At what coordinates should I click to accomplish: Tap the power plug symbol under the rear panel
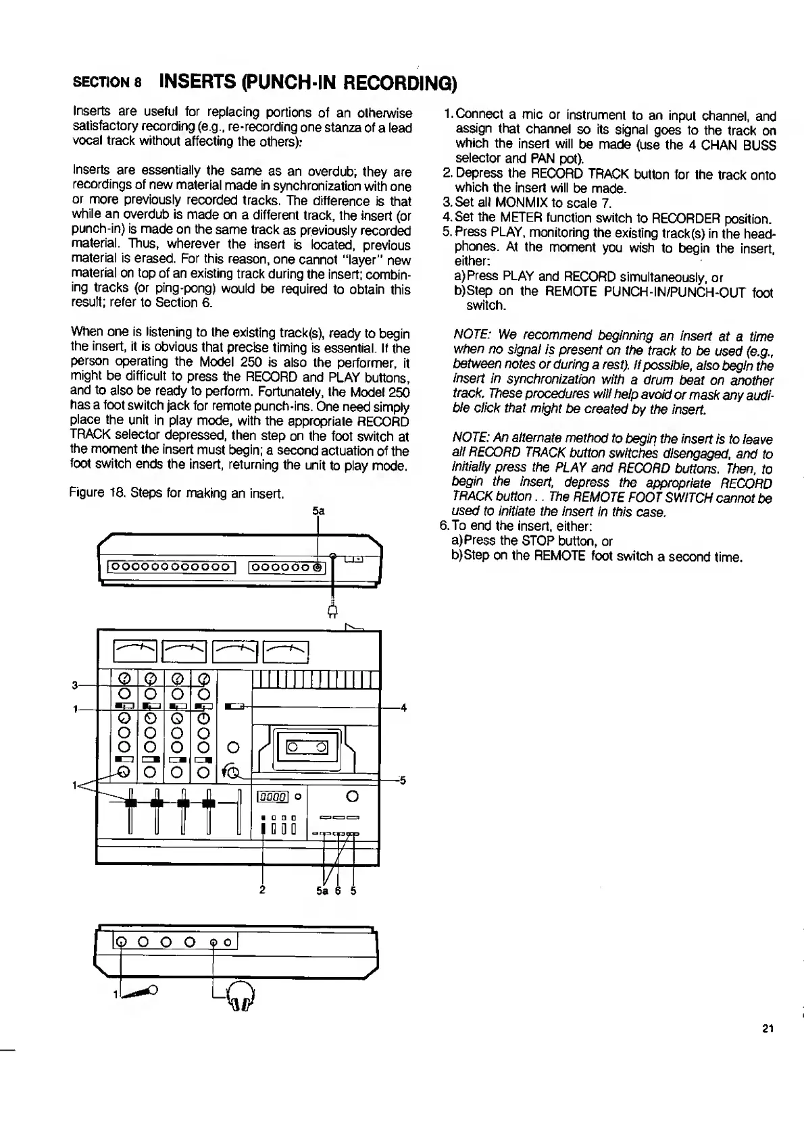point(332,611)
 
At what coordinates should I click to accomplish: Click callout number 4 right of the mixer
point(403,708)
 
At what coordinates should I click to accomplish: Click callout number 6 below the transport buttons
point(336,890)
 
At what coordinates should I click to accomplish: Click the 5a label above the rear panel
point(318,511)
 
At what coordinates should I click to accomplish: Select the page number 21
point(766,1029)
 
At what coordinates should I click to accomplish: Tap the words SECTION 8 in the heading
point(106,84)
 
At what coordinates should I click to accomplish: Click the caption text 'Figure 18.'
point(93,494)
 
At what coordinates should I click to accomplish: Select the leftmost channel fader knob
point(130,802)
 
